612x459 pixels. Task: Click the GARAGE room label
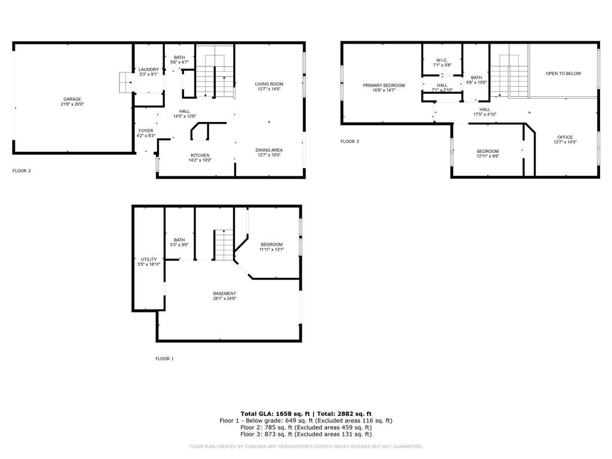pos(72,99)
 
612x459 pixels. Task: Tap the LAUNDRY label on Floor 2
pos(149,69)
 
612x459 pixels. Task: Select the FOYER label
pos(146,130)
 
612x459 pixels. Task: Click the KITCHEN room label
pos(200,155)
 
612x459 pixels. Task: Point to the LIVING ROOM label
pos(269,84)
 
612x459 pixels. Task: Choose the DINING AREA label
pos(269,149)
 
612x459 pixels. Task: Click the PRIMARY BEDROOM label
pos(384,85)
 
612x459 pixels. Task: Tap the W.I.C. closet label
pos(442,60)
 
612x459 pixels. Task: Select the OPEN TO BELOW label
pos(563,74)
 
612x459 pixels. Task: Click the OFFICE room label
pos(565,137)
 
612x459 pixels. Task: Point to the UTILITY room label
pos(149,259)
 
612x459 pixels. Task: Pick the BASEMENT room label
pos(225,293)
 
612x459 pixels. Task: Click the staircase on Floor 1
pos(222,245)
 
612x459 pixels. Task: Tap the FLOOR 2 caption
pos(22,171)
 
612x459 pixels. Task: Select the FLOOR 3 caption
pos(350,142)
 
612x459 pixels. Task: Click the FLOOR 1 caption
pos(164,359)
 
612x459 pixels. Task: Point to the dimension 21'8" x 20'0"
pos(72,105)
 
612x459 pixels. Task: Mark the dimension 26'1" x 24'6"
pos(225,298)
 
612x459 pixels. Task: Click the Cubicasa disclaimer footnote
pos(306,446)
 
